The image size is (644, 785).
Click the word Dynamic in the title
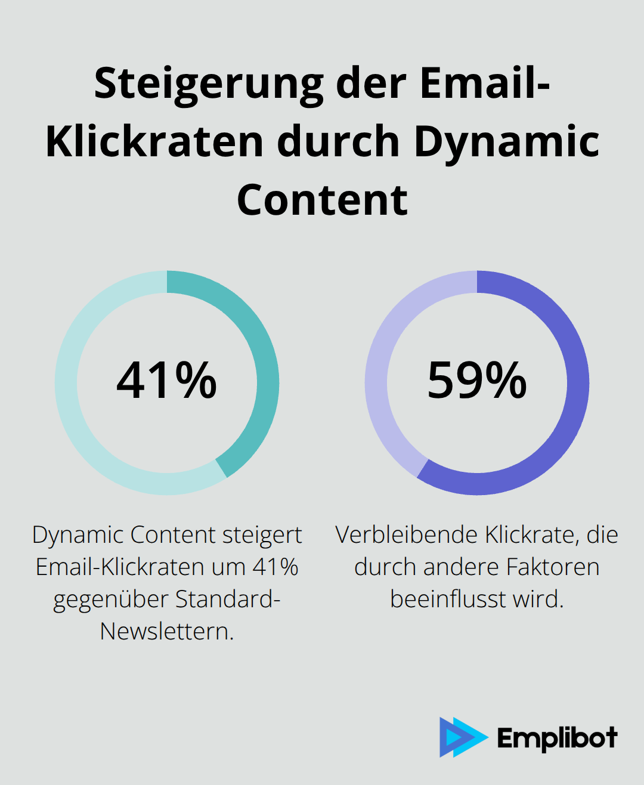point(507,142)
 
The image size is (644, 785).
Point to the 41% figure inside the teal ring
point(166,380)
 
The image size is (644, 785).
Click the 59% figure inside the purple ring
point(477,380)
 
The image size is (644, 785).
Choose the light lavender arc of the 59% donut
point(382,358)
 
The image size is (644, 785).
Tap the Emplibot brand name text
point(557,738)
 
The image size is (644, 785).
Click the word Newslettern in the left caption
point(166,631)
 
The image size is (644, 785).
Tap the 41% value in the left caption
point(275,567)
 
